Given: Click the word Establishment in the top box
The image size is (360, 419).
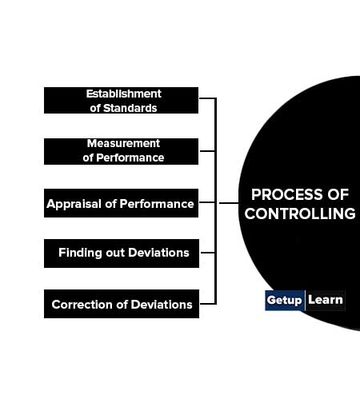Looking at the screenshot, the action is [124, 94].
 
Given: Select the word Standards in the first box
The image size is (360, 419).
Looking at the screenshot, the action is [130, 108].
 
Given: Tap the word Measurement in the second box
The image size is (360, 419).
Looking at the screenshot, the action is [123, 143].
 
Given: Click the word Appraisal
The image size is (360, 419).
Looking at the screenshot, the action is [74, 204].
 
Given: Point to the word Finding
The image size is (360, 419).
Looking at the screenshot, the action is [80, 253].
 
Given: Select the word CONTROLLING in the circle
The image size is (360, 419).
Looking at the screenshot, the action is [300, 213].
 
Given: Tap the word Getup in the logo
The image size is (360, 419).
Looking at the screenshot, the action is [284, 300].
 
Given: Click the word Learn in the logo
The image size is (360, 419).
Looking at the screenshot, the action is [326, 300].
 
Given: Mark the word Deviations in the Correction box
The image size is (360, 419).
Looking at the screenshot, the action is [162, 305].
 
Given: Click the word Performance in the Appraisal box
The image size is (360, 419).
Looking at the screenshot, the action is [157, 204].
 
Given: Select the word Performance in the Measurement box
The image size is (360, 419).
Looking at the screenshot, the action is [130, 158].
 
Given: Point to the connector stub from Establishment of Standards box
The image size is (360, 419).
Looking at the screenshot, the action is [207, 98].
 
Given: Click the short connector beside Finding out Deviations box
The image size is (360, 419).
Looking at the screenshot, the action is [207, 252].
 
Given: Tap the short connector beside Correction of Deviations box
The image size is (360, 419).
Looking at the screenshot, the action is [208, 304].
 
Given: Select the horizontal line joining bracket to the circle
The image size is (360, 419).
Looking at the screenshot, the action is [229, 203].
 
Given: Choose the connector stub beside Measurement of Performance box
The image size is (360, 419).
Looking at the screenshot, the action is [207, 151].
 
